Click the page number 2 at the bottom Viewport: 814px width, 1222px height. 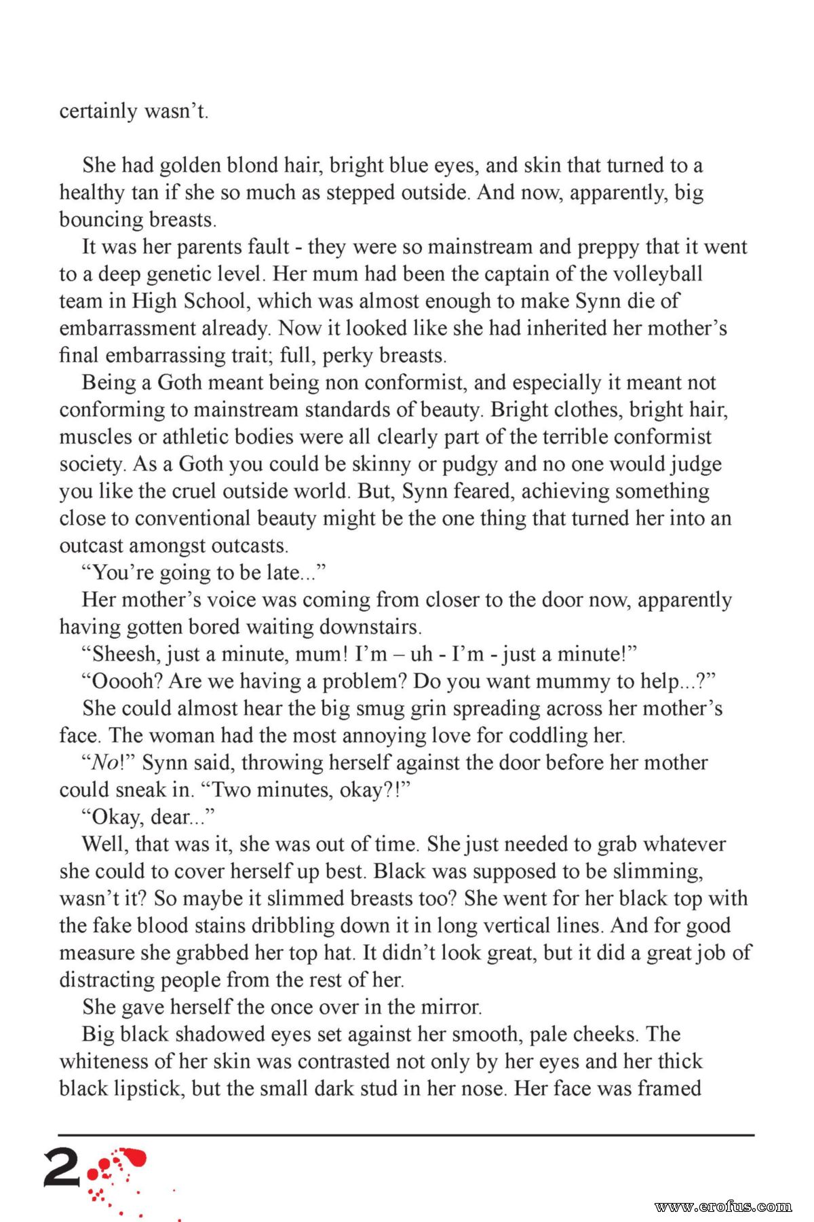[x=62, y=1168]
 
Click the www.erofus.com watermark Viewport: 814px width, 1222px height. [x=723, y=1206]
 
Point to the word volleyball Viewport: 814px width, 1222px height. [x=657, y=274]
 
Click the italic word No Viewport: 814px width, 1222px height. [x=104, y=763]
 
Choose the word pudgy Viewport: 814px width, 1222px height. [x=466, y=464]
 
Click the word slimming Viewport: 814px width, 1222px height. [x=657, y=872]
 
